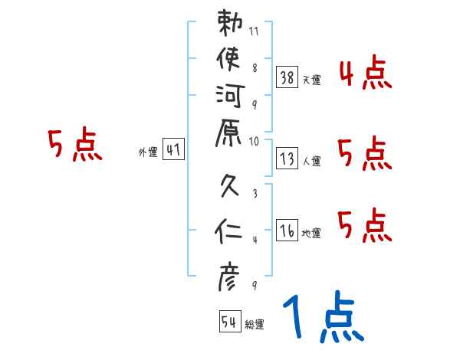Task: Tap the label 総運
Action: [255, 325]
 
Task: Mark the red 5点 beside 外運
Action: [74, 145]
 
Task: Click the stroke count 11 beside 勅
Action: [255, 32]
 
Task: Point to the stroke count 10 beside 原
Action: [255, 140]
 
